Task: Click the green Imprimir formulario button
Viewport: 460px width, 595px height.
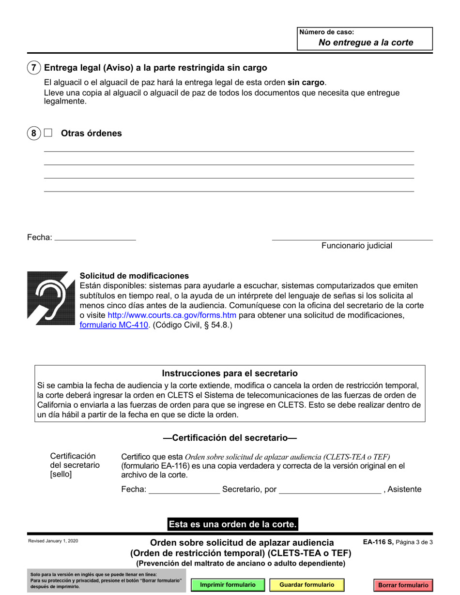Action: pos(228,585)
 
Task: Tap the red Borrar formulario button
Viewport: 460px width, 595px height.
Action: pos(403,585)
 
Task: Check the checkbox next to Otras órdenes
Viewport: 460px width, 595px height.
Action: pos(47,133)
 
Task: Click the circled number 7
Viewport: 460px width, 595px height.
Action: pos(33,68)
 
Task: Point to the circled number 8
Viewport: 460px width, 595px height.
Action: pos(33,134)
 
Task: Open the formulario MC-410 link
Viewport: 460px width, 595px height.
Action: pos(114,325)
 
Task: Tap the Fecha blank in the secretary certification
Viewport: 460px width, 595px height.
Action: pos(183,490)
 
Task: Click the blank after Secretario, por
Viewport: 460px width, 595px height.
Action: pos(330,490)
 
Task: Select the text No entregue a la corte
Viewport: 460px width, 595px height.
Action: pos(366,43)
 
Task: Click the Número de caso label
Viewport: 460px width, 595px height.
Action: pos(327,32)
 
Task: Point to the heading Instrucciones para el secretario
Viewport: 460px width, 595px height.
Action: pos(230,373)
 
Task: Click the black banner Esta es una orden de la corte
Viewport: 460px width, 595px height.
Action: pos(232,524)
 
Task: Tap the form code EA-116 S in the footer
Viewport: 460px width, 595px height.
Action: pos(379,542)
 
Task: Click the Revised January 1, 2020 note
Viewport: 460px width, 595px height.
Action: pos(53,541)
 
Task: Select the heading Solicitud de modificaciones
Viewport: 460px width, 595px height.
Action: pos(134,276)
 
